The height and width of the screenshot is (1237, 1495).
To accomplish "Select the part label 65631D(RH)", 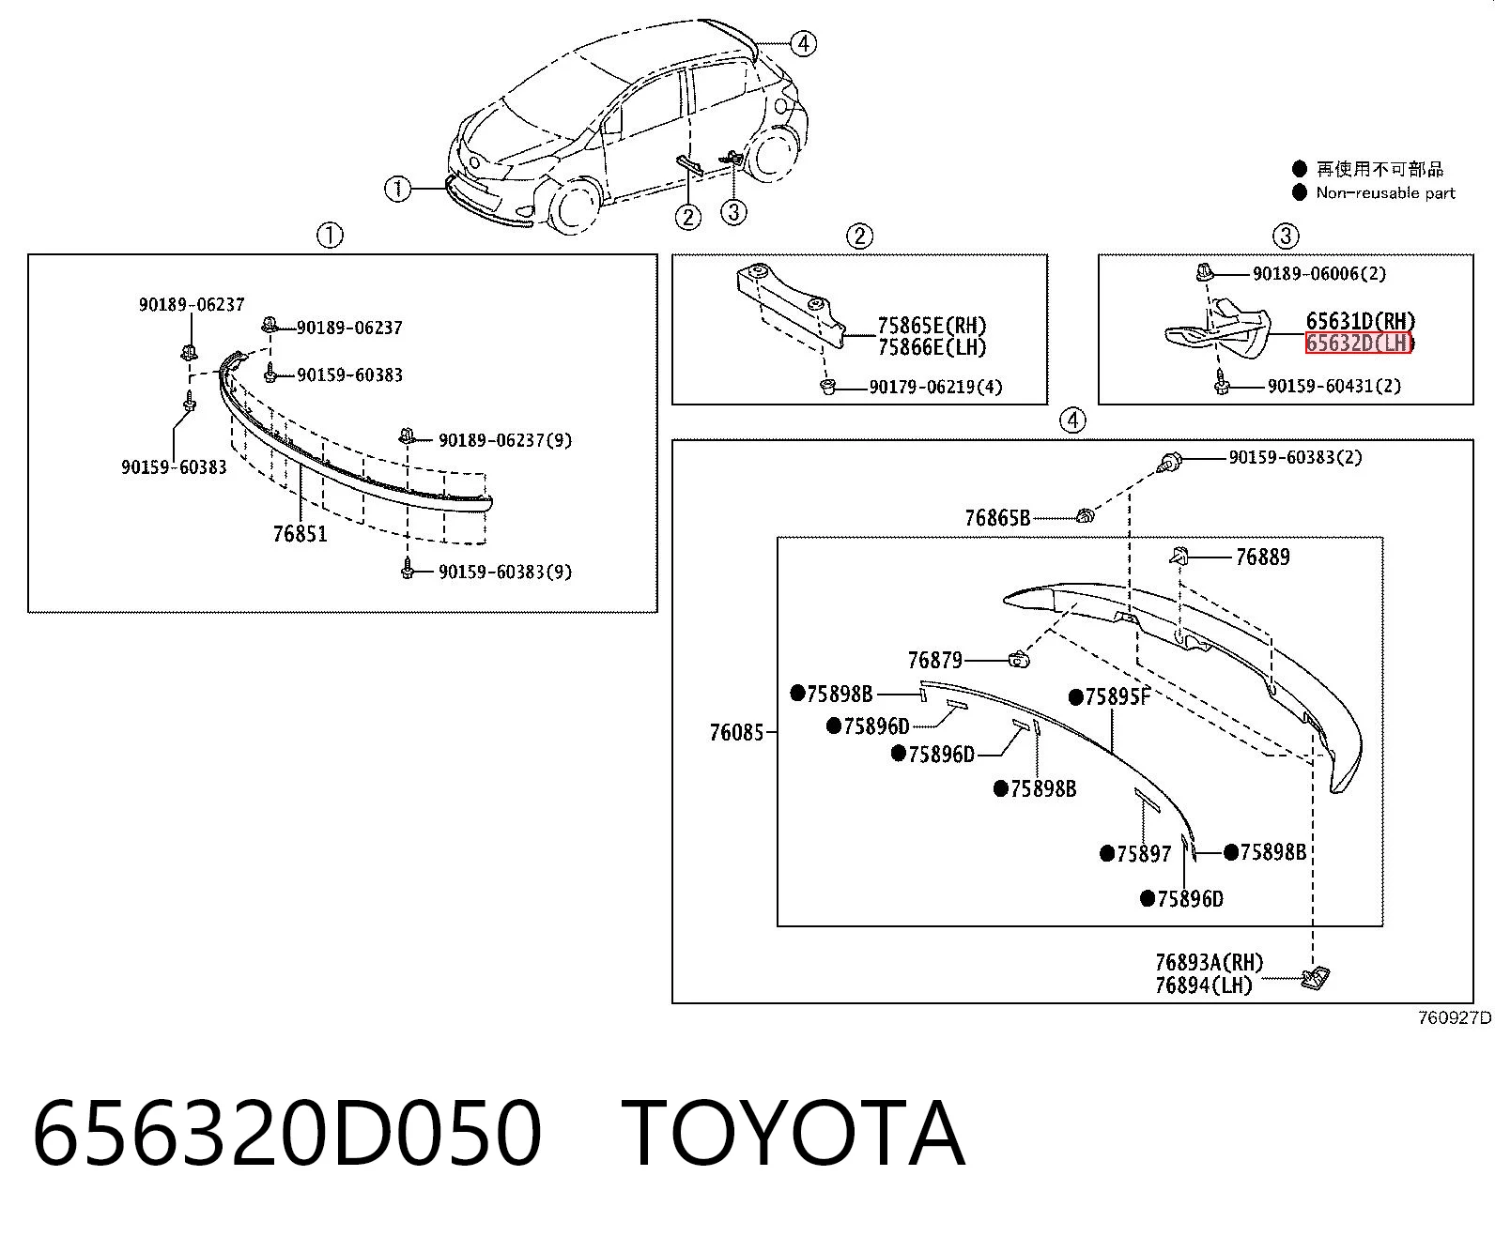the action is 1361,321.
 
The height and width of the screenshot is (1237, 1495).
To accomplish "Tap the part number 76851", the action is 300,534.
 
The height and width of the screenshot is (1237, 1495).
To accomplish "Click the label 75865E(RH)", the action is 932,326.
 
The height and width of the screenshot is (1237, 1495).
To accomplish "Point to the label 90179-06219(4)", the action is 936,388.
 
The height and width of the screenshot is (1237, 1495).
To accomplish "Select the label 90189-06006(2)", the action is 1319,273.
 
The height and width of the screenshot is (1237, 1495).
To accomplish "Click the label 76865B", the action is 997,517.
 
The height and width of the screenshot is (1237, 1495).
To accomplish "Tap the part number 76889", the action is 1263,557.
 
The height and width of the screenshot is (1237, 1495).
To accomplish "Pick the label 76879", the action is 935,660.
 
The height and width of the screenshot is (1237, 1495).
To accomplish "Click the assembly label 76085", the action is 737,732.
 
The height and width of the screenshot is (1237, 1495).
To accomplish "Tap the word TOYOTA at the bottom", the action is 794,1135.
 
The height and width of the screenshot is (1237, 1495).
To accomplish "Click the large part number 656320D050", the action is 287,1135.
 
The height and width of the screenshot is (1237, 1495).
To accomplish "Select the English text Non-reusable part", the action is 1385,192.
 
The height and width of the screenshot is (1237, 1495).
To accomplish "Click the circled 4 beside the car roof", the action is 803,44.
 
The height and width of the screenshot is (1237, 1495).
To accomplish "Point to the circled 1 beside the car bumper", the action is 397,189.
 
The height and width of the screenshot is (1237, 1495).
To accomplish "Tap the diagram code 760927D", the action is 1455,1017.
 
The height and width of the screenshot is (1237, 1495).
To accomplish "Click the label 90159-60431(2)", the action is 1334,386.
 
